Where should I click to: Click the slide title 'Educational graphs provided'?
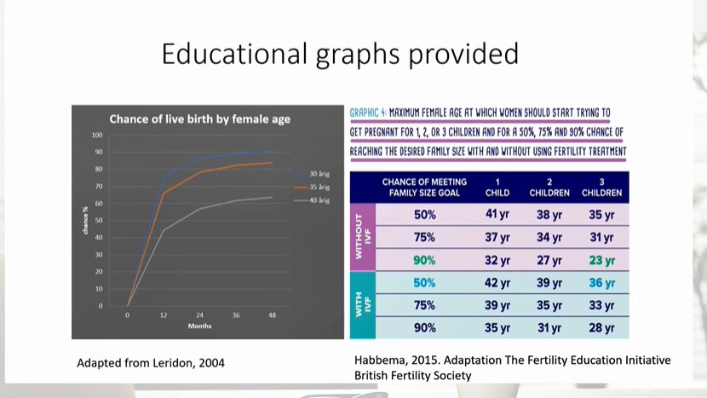(x=340, y=55)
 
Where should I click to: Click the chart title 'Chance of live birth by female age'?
(x=200, y=119)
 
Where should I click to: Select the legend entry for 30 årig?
(x=319, y=173)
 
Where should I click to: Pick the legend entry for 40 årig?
(x=319, y=200)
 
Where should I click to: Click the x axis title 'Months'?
(x=200, y=326)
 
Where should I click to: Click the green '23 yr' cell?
(x=601, y=260)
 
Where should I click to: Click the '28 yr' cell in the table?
(x=601, y=327)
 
